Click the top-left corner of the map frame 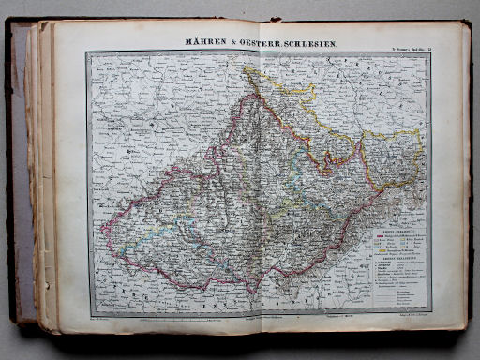click(87, 53)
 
